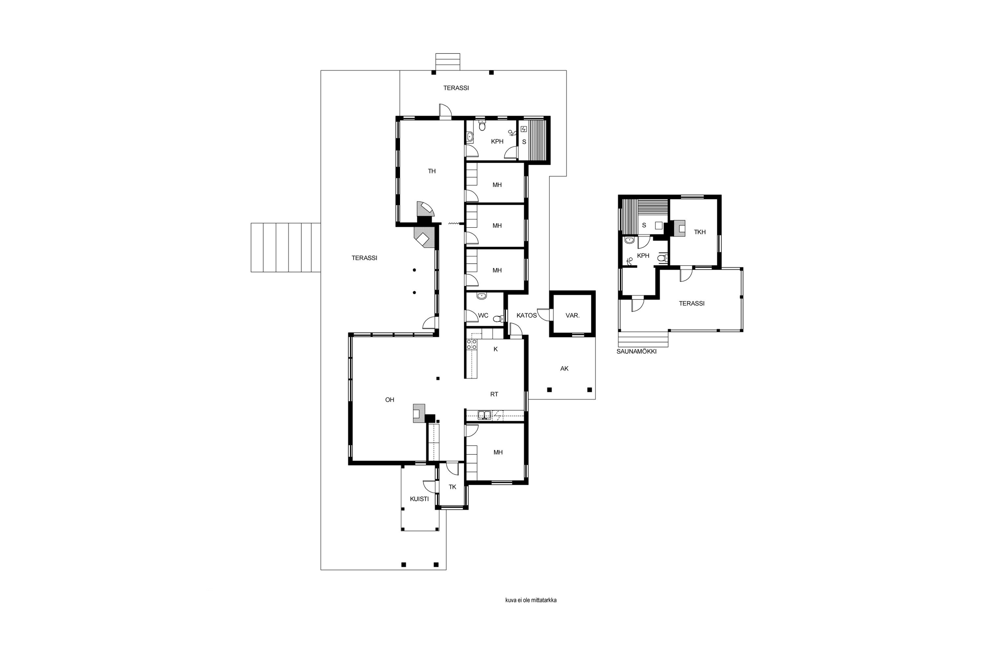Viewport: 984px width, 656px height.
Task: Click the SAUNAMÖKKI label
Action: pos(636,351)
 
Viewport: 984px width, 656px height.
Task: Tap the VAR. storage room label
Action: pos(572,316)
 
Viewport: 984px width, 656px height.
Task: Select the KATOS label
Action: pos(526,316)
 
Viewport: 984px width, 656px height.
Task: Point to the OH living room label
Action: pos(390,400)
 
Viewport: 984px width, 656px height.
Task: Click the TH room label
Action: pos(432,171)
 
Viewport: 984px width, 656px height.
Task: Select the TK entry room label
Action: pos(452,487)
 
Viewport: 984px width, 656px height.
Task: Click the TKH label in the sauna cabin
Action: pos(700,232)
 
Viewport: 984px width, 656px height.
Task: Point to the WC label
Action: pos(483,316)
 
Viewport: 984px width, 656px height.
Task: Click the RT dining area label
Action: pos(494,394)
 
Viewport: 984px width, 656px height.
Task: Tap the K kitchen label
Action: pos(496,349)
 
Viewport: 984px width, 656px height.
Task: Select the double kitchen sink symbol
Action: pos(484,415)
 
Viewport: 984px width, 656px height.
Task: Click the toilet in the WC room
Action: pos(497,319)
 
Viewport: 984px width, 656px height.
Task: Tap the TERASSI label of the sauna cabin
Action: pos(691,304)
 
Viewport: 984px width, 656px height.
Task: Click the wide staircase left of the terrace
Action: pos(286,248)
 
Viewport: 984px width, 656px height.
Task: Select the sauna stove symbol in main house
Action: pos(523,129)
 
